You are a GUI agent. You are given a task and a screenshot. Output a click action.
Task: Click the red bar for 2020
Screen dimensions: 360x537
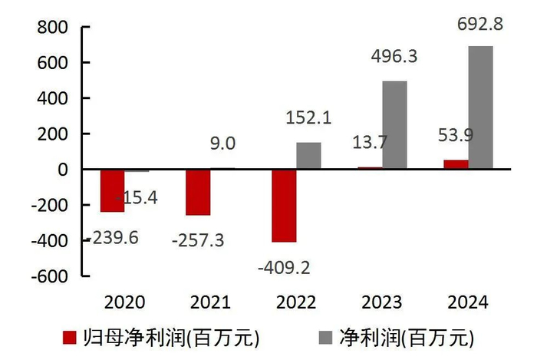[x=112, y=190]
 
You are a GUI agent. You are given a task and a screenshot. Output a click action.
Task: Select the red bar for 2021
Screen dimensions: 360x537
[x=198, y=192]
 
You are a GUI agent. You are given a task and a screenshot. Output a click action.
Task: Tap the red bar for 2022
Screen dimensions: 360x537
[x=284, y=206]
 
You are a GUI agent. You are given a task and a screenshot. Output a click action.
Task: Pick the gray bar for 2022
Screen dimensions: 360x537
[x=308, y=156]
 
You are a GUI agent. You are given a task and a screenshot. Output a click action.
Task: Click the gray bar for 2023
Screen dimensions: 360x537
[x=394, y=125]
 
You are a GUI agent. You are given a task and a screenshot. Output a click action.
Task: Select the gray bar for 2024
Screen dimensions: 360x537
[x=480, y=107]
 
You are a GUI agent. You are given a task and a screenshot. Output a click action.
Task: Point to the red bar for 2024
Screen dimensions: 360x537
[x=456, y=164]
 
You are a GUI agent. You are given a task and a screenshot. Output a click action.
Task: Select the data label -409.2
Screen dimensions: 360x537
[x=284, y=268]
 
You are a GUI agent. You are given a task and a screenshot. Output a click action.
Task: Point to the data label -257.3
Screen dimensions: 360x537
[x=197, y=241]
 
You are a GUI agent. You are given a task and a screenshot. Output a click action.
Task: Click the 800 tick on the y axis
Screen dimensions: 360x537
[x=52, y=28]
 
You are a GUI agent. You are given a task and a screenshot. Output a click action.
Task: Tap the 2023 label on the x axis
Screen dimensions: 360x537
[x=381, y=302]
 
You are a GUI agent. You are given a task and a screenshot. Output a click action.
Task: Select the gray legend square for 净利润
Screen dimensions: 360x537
[x=325, y=337]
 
